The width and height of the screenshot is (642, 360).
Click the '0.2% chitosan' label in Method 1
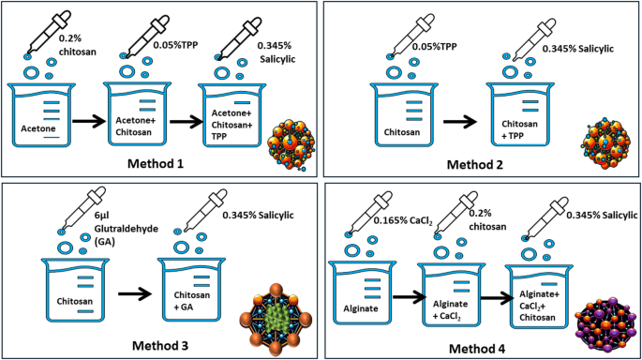pyautogui.click(x=80, y=43)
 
